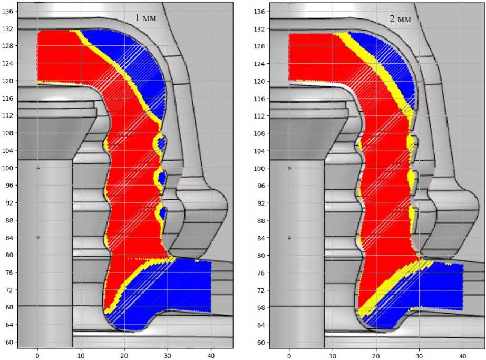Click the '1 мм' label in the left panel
145,18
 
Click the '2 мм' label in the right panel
400,19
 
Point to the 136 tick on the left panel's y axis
8,11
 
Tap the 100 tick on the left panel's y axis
8,168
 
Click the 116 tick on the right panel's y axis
259,99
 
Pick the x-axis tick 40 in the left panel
211,356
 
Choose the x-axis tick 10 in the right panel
333,356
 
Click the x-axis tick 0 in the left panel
37,356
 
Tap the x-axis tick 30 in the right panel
420,356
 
